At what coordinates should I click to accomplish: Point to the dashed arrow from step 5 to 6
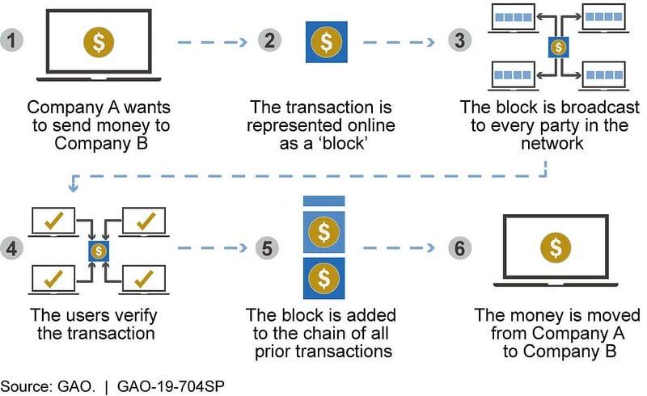[x=396, y=248]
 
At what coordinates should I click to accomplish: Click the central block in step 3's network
[x=557, y=47]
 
